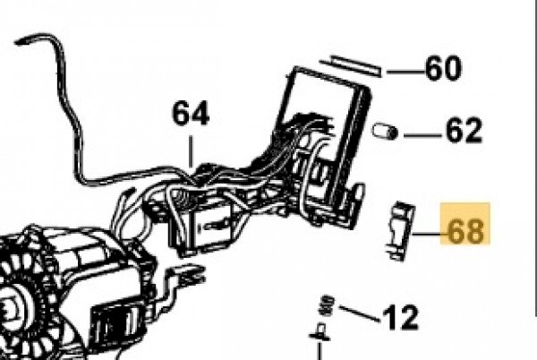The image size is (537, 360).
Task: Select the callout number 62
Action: pos(463,132)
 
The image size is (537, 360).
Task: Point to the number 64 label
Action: pos(191,114)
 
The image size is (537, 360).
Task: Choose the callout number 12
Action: pos(401,316)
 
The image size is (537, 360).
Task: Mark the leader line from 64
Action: pos(191,147)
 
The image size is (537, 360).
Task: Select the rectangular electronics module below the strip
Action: pos(328,125)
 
